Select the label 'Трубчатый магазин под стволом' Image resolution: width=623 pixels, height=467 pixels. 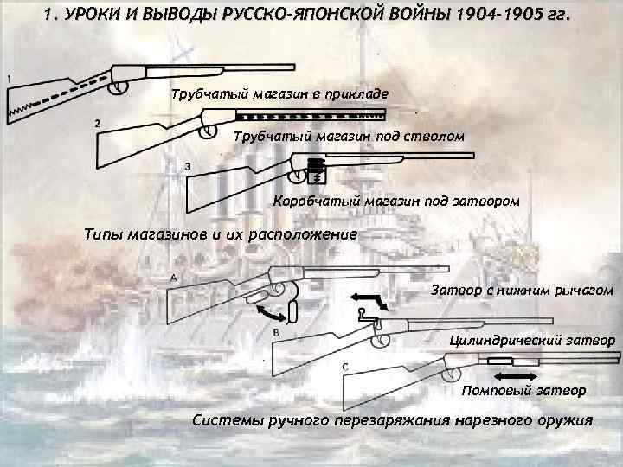(x=350, y=137)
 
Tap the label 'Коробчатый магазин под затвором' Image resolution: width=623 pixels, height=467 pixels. (x=397, y=201)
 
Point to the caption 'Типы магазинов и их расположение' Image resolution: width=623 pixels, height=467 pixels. (x=220, y=233)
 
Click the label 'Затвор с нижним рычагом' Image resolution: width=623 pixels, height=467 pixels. (x=522, y=291)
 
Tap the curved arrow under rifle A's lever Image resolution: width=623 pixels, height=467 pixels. (x=279, y=312)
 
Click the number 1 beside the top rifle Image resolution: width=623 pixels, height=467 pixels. (x=9, y=79)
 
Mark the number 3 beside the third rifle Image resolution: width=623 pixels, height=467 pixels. (x=188, y=164)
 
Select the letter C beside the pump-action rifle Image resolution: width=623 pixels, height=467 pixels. (x=346, y=368)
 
